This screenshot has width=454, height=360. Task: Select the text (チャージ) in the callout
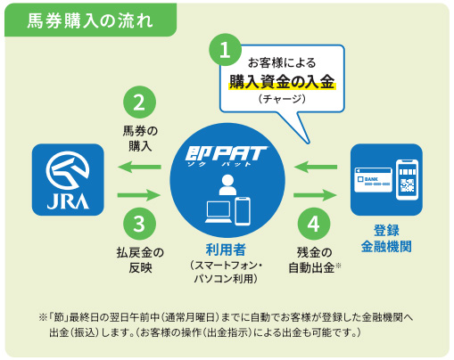(282, 101)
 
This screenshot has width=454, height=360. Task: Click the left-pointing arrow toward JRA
(138, 167)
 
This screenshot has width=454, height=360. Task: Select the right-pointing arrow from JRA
(138, 193)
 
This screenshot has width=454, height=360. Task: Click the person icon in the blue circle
(227, 185)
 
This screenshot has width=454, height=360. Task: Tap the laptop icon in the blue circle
(217, 212)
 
